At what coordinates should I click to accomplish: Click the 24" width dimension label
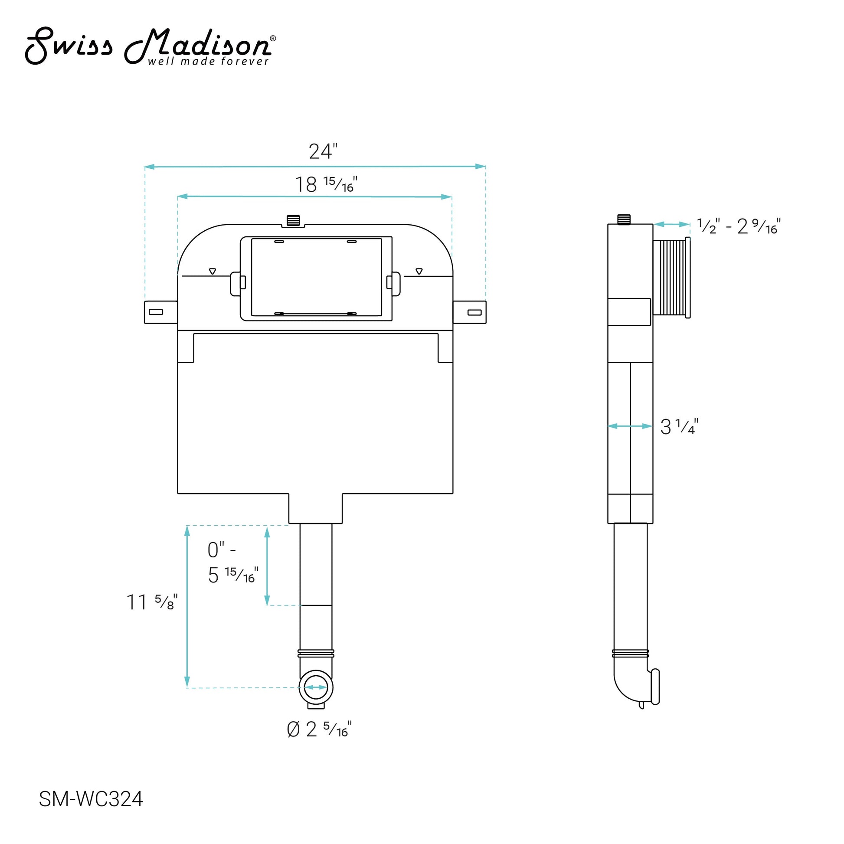coord(323,151)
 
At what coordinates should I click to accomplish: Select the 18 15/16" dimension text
coord(326,184)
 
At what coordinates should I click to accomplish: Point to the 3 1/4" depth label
coord(679,426)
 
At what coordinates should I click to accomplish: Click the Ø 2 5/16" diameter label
coord(319,729)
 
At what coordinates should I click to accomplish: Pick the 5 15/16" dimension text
coord(233,575)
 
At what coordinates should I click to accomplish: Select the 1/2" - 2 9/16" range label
coord(739,226)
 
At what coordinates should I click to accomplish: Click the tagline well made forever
coord(208,61)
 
